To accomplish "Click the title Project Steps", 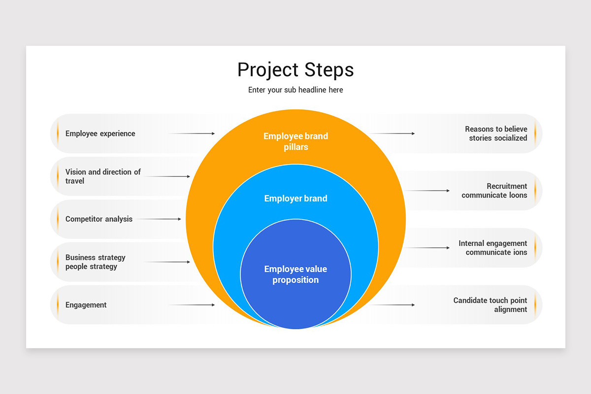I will (295, 70).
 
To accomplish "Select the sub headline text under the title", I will (295, 90).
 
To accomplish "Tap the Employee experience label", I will (100, 133).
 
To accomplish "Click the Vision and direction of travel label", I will (103, 176).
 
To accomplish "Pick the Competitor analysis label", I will (99, 219).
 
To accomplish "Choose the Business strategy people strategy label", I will (96, 262).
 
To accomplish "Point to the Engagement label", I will (86, 305).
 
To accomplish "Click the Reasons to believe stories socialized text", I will (496, 133).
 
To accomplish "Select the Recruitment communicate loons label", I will (494, 191).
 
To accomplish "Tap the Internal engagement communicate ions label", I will (493, 248).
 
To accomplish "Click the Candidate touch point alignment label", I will (491, 305).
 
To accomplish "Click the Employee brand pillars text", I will (295, 141).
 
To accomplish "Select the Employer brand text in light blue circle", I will (295, 198).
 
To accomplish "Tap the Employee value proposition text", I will (295, 274).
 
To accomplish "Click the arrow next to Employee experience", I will (192, 133).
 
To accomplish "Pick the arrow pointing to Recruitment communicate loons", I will (427, 191).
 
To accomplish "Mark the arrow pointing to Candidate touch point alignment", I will (392, 305).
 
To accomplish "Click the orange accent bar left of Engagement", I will (58, 305).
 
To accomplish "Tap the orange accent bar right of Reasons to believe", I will (535, 133).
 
